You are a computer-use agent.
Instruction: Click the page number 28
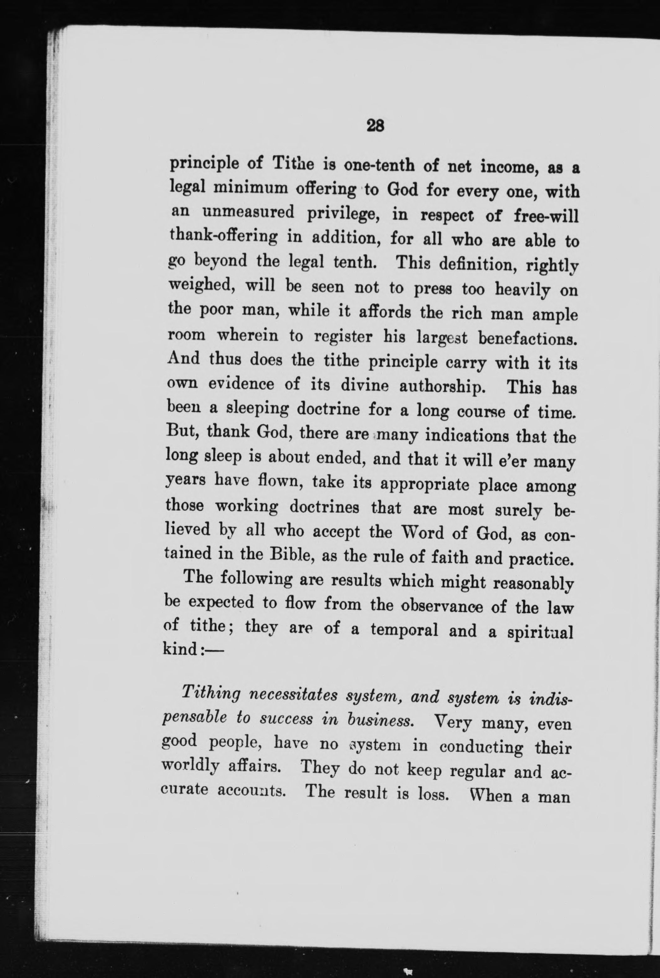click(375, 125)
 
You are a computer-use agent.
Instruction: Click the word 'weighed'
click(200, 287)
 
